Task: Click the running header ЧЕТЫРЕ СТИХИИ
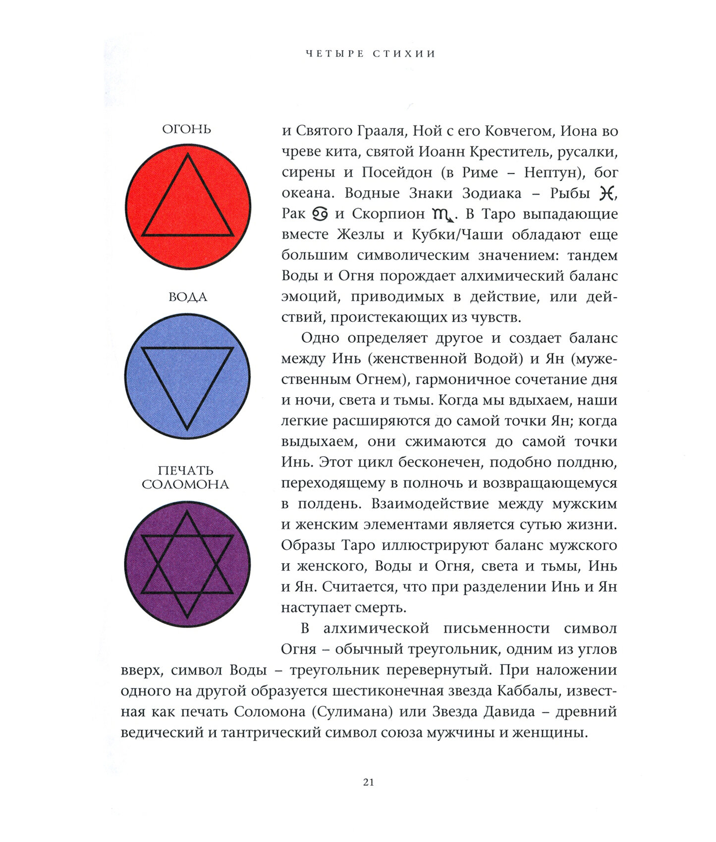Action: (370, 53)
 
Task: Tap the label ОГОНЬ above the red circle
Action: (186, 129)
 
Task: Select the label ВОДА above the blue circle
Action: (187, 297)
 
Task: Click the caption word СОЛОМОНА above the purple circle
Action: (185, 484)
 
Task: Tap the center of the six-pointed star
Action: (187, 564)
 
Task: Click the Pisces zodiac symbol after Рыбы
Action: (606, 193)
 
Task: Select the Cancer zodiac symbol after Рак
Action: (320, 214)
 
